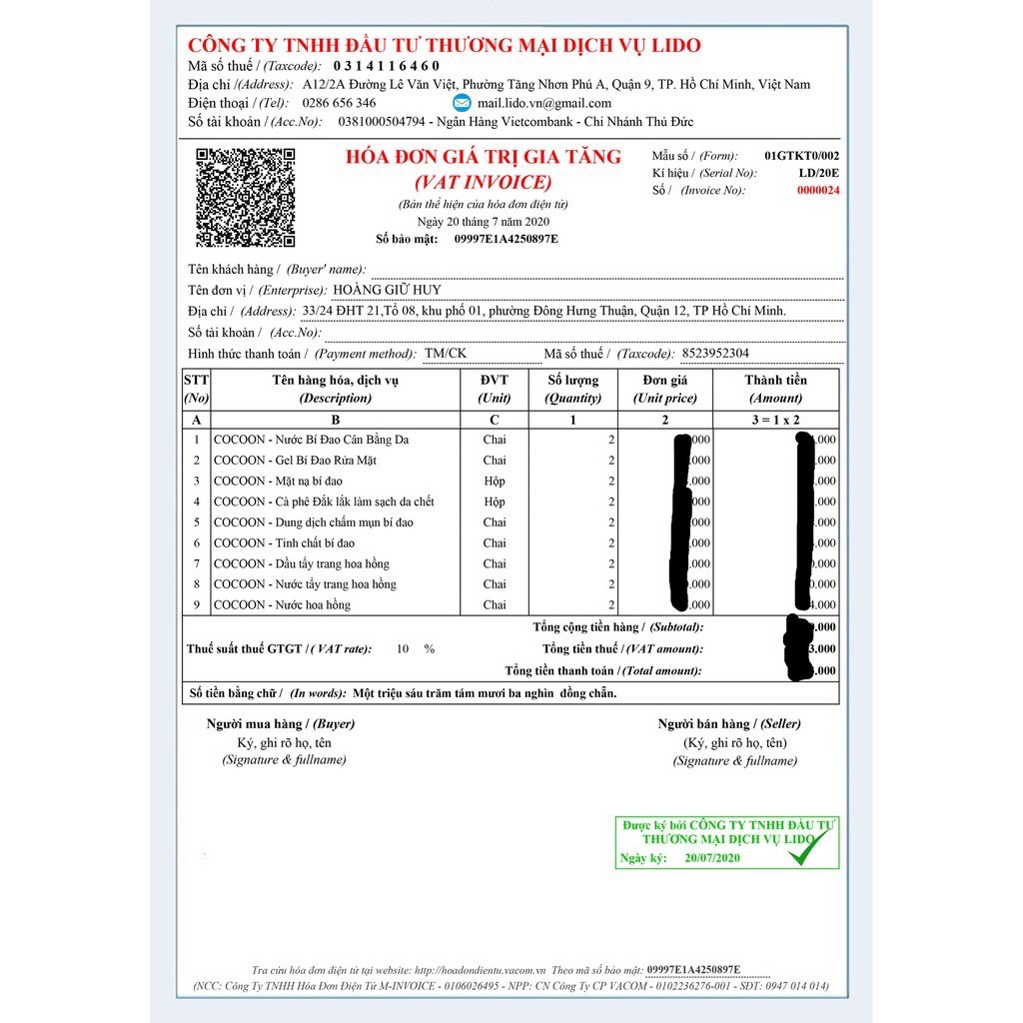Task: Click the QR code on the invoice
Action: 245,197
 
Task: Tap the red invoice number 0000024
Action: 817,191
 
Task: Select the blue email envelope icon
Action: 462,103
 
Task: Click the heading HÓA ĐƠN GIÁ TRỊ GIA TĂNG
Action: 483,157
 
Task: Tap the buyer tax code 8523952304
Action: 714,354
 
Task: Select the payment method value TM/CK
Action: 445,354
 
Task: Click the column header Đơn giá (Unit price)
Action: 665,389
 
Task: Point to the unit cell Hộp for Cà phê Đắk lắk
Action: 495,502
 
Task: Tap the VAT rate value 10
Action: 403,649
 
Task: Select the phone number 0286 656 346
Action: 340,103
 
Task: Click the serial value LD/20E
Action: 818,173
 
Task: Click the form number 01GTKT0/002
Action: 801,156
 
